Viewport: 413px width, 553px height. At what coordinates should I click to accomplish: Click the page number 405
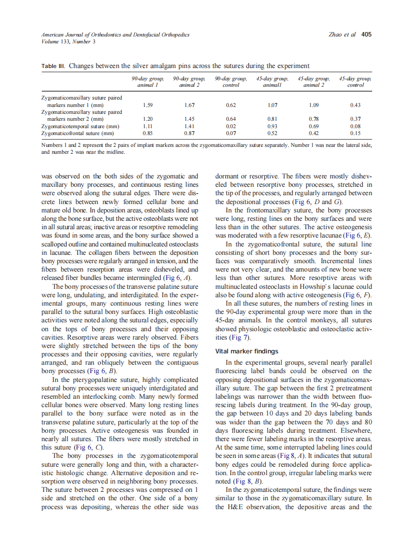(366, 35)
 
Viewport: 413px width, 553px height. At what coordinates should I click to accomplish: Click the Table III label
(53, 66)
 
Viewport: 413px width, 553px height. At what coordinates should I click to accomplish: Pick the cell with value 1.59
(147, 105)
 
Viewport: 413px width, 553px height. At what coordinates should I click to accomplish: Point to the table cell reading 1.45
(189, 119)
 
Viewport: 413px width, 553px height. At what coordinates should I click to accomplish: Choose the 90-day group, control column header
(231, 82)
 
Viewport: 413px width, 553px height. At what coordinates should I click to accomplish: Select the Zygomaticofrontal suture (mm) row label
(77, 133)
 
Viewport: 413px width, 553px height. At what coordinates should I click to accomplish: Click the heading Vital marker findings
(247, 351)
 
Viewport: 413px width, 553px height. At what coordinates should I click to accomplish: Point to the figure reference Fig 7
(241, 337)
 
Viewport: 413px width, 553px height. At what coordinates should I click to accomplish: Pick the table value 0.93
(273, 126)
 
